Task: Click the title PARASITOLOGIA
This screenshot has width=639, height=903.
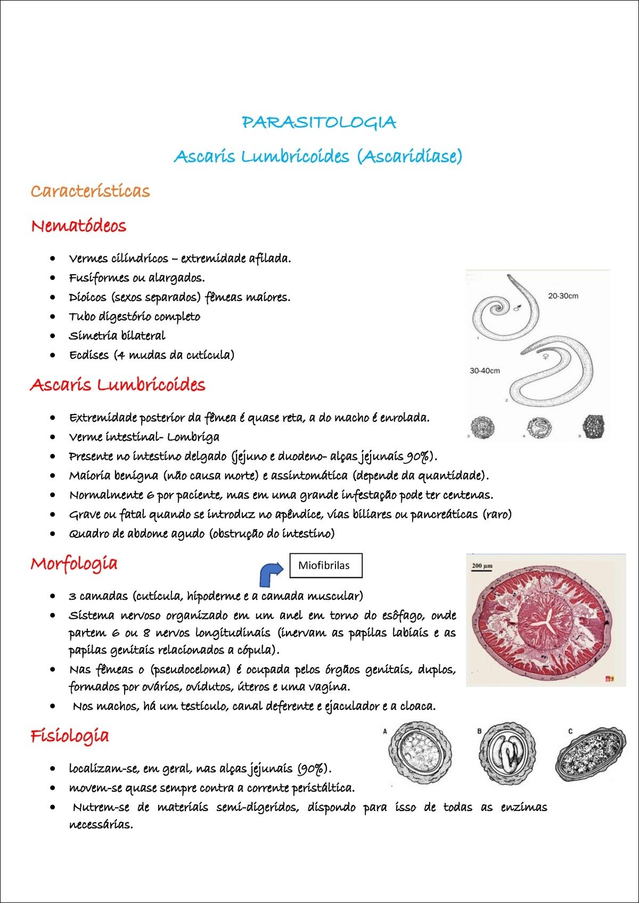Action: (319, 122)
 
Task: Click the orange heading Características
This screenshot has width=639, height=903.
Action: (90, 191)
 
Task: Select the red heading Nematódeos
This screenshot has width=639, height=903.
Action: (79, 226)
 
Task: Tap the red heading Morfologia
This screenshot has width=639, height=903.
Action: (74, 564)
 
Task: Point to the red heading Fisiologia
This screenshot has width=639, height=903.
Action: (70, 736)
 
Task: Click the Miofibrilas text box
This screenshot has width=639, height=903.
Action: (325, 565)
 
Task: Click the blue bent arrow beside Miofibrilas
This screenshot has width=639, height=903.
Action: (271, 574)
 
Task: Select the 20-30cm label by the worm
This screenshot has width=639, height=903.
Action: (563, 296)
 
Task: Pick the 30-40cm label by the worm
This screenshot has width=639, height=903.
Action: (485, 370)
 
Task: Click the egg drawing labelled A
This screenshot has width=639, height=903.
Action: (421, 752)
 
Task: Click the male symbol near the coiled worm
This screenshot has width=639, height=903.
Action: (517, 307)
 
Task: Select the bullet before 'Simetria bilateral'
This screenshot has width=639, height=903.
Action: (52, 336)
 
